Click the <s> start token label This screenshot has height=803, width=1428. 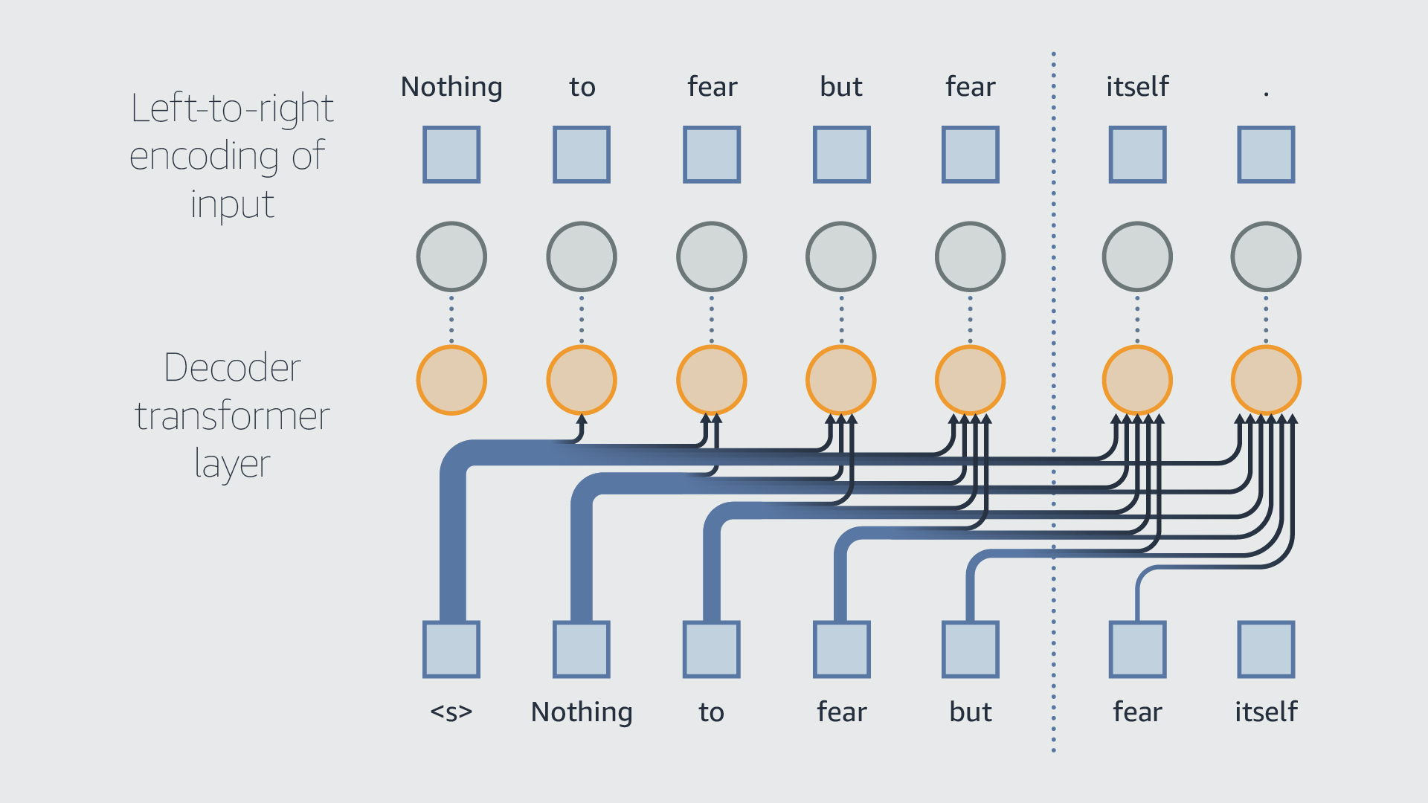pyautogui.click(x=451, y=712)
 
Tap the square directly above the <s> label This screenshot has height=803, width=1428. pyautogui.click(x=451, y=649)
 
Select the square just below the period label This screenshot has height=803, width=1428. pyautogui.click(x=1266, y=155)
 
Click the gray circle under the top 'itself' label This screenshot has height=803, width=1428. pyautogui.click(x=1137, y=257)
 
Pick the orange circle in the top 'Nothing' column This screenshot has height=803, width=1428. pyautogui.click(x=451, y=380)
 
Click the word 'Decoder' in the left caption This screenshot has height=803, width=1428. pyautogui.click(x=232, y=367)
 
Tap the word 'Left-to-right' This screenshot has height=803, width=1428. pyautogui.click(x=232, y=109)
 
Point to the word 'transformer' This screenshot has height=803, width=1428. pyautogui.click(x=232, y=416)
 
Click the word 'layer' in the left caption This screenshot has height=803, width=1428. pyautogui.click(x=232, y=464)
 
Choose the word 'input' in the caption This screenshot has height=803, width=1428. pyautogui.click(x=232, y=204)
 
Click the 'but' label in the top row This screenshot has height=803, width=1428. pyautogui.click(x=841, y=87)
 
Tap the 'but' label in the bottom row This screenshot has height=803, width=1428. pyautogui.click(x=971, y=712)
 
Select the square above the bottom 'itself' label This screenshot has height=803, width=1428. pyautogui.click(x=1266, y=649)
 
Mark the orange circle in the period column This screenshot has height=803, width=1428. pyautogui.click(x=1266, y=380)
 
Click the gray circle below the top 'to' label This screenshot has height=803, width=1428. pyautogui.click(x=582, y=257)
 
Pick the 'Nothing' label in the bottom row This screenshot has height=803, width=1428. pyautogui.click(x=582, y=712)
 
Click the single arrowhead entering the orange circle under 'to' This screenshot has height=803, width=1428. pyautogui.click(x=582, y=420)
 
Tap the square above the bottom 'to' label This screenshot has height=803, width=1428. pyautogui.click(x=711, y=649)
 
